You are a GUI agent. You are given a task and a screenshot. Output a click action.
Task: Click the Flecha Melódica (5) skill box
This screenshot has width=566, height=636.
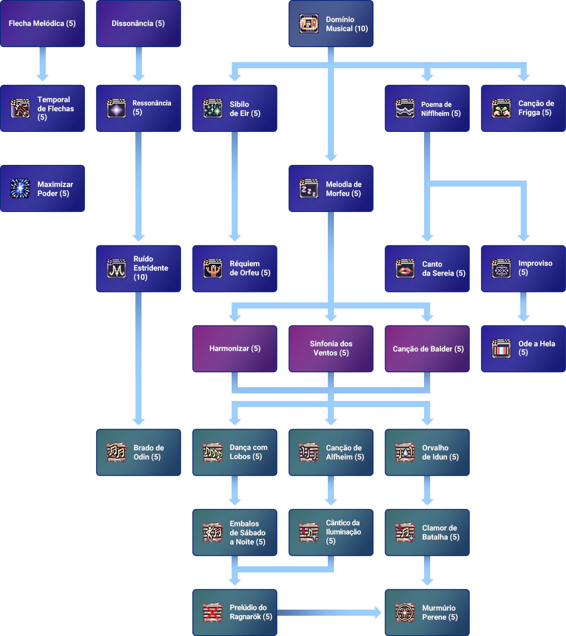[x=43, y=24]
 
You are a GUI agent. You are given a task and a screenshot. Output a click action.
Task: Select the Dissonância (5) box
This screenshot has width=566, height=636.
[x=138, y=24]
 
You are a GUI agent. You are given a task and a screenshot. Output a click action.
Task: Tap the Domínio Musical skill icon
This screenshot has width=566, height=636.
[x=309, y=24]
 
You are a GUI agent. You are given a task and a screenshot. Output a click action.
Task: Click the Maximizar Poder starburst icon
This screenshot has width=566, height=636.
[x=20, y=188]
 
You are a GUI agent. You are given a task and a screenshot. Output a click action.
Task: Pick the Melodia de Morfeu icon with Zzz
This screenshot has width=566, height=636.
[x=309, y=188]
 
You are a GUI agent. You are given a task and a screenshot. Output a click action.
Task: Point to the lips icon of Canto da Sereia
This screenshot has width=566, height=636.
[x=405, y=269]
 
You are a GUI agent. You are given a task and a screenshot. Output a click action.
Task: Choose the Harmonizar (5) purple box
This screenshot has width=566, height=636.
[x=235, y=349]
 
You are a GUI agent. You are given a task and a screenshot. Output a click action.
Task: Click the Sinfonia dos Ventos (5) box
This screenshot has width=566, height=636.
[x=331, y=349]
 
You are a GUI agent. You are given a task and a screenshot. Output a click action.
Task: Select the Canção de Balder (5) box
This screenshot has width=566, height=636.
[x=428, y=349]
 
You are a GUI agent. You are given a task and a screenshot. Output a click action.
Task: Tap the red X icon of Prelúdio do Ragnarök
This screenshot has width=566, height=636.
[x=213, y=612]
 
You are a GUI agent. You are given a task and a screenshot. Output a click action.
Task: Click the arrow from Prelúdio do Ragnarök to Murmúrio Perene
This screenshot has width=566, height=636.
[x=330, y=612]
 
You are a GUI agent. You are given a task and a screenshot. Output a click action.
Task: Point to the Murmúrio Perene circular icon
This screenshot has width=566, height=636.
[x=405, y=612]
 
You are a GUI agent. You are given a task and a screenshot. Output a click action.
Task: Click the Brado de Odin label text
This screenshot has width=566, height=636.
[x=148, y=452]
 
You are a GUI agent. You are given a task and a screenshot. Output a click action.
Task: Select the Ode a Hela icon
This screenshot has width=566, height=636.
[x=501, y=349]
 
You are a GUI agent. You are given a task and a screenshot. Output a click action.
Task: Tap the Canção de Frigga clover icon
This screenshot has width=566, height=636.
[x=501, y=108]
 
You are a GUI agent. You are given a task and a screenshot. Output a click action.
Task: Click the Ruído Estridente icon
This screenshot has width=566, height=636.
[x=117, y=269]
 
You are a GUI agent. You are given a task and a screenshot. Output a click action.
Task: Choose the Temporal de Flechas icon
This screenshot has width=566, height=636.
[x=20, y=108]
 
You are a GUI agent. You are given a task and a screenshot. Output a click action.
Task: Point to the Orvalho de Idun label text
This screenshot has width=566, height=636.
[x=440, y=452]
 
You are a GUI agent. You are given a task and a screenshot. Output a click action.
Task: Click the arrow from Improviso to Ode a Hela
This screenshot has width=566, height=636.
[x=523, y=309]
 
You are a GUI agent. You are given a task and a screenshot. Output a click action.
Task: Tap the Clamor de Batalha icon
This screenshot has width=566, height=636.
[x=405, y=532]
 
